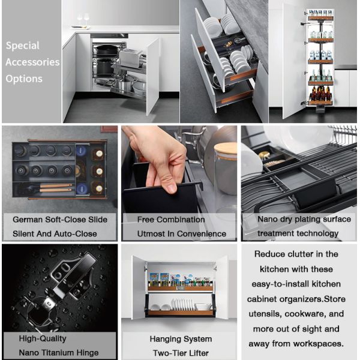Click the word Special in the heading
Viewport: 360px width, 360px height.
click(23, 46)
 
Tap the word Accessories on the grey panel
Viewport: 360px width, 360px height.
click(32, 62)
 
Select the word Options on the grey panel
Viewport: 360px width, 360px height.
click(24, 79)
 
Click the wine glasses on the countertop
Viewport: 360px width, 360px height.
click(83, 20)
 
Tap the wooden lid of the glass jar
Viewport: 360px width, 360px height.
click(225, 148)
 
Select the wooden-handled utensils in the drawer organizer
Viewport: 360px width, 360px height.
click(56, 188)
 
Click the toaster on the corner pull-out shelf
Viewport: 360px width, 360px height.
click(131, 58)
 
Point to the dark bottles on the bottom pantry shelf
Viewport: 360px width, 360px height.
click(321, 93)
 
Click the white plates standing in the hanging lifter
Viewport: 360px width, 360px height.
click(182, 305)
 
